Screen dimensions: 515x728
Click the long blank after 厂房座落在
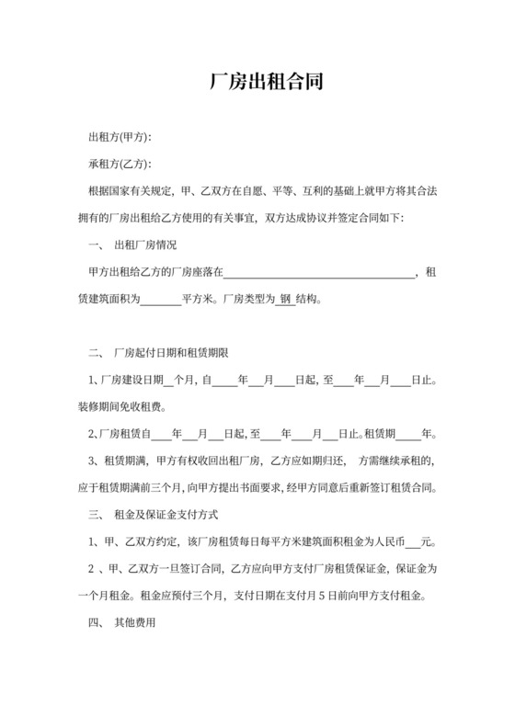coord(320,272)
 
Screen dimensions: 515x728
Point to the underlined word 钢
coord(285,299)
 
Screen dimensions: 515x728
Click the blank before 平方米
coord(162,299)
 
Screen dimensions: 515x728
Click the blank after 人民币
coord(411,540)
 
